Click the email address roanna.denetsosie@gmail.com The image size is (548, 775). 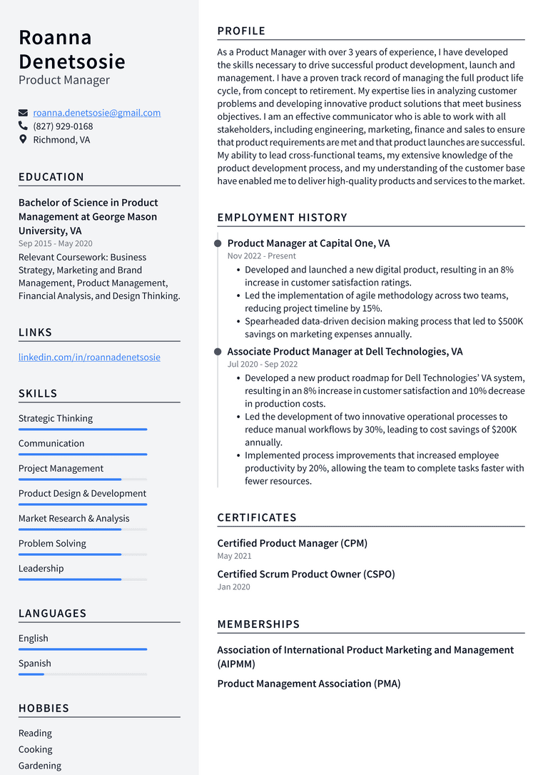pos(96,113)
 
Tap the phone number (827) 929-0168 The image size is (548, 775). pos(63,126)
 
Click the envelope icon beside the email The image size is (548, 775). pos(24,113)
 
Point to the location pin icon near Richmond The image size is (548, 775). pos(24,140)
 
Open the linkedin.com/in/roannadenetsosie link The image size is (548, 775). pos(89,357)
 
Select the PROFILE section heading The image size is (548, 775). pos(241,31)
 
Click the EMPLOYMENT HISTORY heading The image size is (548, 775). pos(282,218)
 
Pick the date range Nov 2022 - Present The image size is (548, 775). pos(261,256)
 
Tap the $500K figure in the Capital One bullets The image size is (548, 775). pos(509,321)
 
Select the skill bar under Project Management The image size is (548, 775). pos(82,479)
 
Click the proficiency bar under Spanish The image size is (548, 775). pos(82,674)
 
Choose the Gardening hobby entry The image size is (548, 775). pos(40,766)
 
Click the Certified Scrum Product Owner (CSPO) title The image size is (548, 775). pos(305,574)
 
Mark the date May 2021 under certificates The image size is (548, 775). pos(234,556)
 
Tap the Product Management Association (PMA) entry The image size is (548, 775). pos(308,684)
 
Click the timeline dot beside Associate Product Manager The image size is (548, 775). pos(218,352)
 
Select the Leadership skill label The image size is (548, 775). pos(41,569)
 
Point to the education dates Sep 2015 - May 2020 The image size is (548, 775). pos(55,243)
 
